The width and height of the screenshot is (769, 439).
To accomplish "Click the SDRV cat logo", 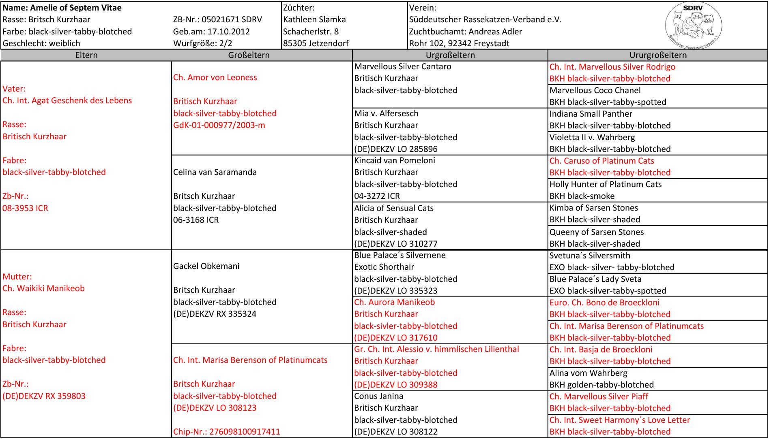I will (x=694, y=26).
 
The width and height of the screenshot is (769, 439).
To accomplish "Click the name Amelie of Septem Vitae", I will (x=62, y=8).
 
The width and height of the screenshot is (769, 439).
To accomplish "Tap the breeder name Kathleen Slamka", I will (x=314, y=19).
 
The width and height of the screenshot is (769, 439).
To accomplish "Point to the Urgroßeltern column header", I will (x=450, y=55).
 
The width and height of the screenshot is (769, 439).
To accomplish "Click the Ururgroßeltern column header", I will (x=658, y=55).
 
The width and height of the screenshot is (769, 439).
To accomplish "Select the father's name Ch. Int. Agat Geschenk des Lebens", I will (x=67, y=100).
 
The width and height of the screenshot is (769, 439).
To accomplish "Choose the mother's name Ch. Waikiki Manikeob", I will (x=44, y=288).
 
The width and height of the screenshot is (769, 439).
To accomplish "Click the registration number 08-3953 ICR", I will (x=25, y=208).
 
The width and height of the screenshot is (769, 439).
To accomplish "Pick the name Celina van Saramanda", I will (x=215, y=172).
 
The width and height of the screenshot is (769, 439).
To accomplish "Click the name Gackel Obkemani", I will (x=206, y=266).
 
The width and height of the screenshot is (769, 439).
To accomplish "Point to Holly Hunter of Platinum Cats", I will (x=605, y=184).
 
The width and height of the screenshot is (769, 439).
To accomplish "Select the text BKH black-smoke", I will (x=582, y=196).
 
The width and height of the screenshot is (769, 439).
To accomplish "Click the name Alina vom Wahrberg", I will (x=588, y=373).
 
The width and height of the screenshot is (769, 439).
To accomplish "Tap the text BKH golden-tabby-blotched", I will (x=601, y=385).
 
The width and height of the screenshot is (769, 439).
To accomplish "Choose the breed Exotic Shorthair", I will (x=384, y=267).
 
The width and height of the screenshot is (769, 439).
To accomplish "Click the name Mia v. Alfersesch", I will (x=386, y=114).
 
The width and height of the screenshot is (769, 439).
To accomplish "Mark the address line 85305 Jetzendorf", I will (x=316, y=43).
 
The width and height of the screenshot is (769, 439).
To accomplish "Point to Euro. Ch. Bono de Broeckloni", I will (x=604, y=303).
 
